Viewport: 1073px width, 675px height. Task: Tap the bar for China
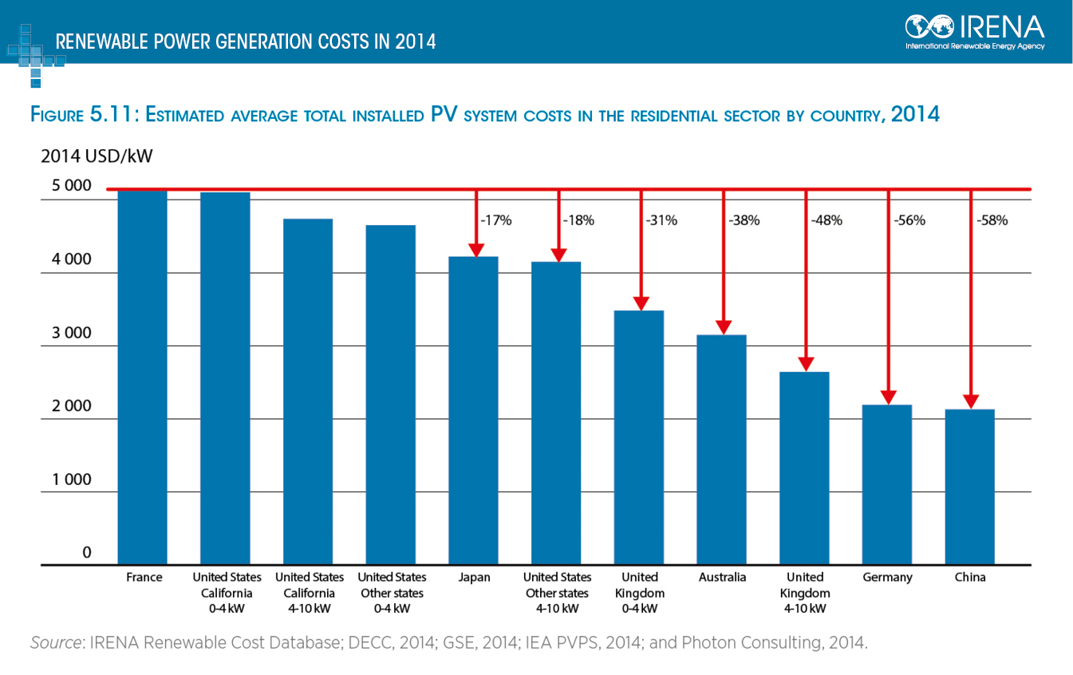click(x=969, y=487)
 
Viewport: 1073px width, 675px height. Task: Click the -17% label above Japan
click(x=495, y=221)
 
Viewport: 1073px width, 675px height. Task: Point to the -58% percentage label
click(x=992, y=221)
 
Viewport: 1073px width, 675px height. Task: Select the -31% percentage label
click(x=661, y=221)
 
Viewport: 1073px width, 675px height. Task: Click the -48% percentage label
click(x=826, y=221)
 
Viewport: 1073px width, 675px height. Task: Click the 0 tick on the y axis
click(x=88, y=553)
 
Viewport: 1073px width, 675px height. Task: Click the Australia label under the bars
click(x=721, y=578)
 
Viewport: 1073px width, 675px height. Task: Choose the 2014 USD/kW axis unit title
click(x=97, y=156)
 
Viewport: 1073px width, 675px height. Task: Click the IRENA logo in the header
click(x=975, y=30)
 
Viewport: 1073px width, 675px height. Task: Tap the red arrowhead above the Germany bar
click(x=888, y=397)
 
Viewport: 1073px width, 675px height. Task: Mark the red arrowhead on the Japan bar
click(x=476, y=249)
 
